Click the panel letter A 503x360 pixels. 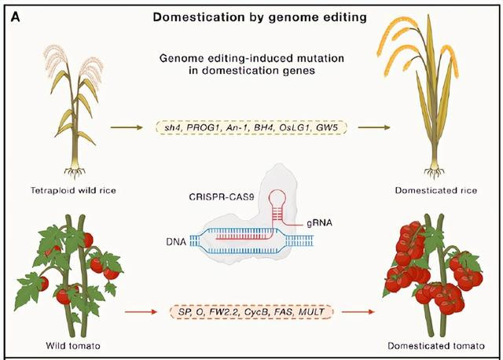tap(16, 17)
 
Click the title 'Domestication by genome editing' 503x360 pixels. tap(260, 17)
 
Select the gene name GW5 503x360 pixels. tap(327, 127)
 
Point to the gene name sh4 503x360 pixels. tap(173, 127)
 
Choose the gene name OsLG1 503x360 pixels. tap(296, 127)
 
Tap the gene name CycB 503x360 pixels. tap(257, 311)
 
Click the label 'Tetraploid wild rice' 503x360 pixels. tap(73, 190)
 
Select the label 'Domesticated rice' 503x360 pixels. tap(436, 190)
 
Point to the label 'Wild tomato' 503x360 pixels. tap(73, 346)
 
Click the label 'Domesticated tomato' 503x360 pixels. tap(436, 346)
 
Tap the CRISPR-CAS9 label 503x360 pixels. tap(222, 197)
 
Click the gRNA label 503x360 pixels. tap(319, 222)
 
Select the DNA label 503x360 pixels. tap(176, 241)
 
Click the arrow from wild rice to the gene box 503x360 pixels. tap(127, 127)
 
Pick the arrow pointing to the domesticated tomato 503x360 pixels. tap(358, 311)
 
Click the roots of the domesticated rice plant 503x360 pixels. tap(435, 172)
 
